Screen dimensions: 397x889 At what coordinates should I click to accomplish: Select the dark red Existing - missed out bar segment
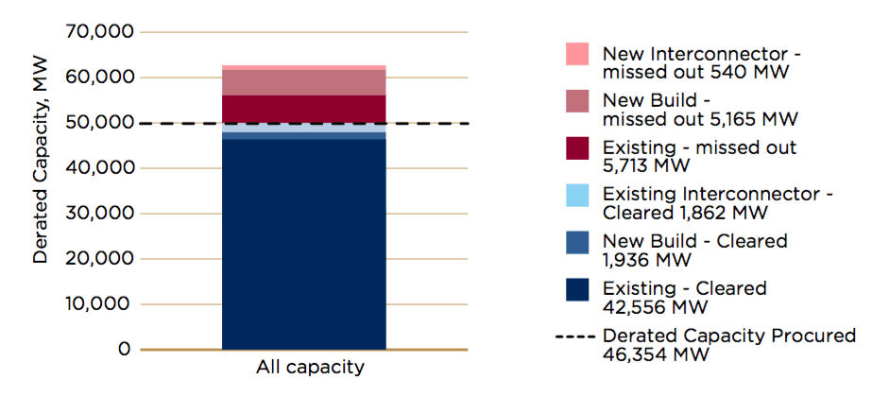click(x=303, y=109)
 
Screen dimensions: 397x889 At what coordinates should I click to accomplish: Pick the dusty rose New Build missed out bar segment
click(x=303, y=82)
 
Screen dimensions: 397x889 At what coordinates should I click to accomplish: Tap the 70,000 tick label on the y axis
click(x=97, y=32)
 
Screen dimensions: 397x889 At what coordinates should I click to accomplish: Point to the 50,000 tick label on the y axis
click(x=97, y=123)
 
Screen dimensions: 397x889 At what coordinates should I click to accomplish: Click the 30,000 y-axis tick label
click(x=97, y=214)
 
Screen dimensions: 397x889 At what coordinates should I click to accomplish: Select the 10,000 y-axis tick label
click(x=97, y=304)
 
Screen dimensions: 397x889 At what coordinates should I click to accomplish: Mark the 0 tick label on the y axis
click(x=123, y=350)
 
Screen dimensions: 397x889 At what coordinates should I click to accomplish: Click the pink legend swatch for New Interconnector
click(x=577, y=53)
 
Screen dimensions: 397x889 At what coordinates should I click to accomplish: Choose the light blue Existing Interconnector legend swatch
click(x=577, y=195)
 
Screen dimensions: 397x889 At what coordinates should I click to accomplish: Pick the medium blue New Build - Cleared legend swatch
click(x=577, y=242)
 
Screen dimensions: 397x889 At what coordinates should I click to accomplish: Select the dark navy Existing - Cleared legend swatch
click(x=577, y=289)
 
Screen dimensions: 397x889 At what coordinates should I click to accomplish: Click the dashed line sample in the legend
click(x=577, y=336)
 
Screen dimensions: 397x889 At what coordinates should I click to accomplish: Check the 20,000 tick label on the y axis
click(x=97, y=259)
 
